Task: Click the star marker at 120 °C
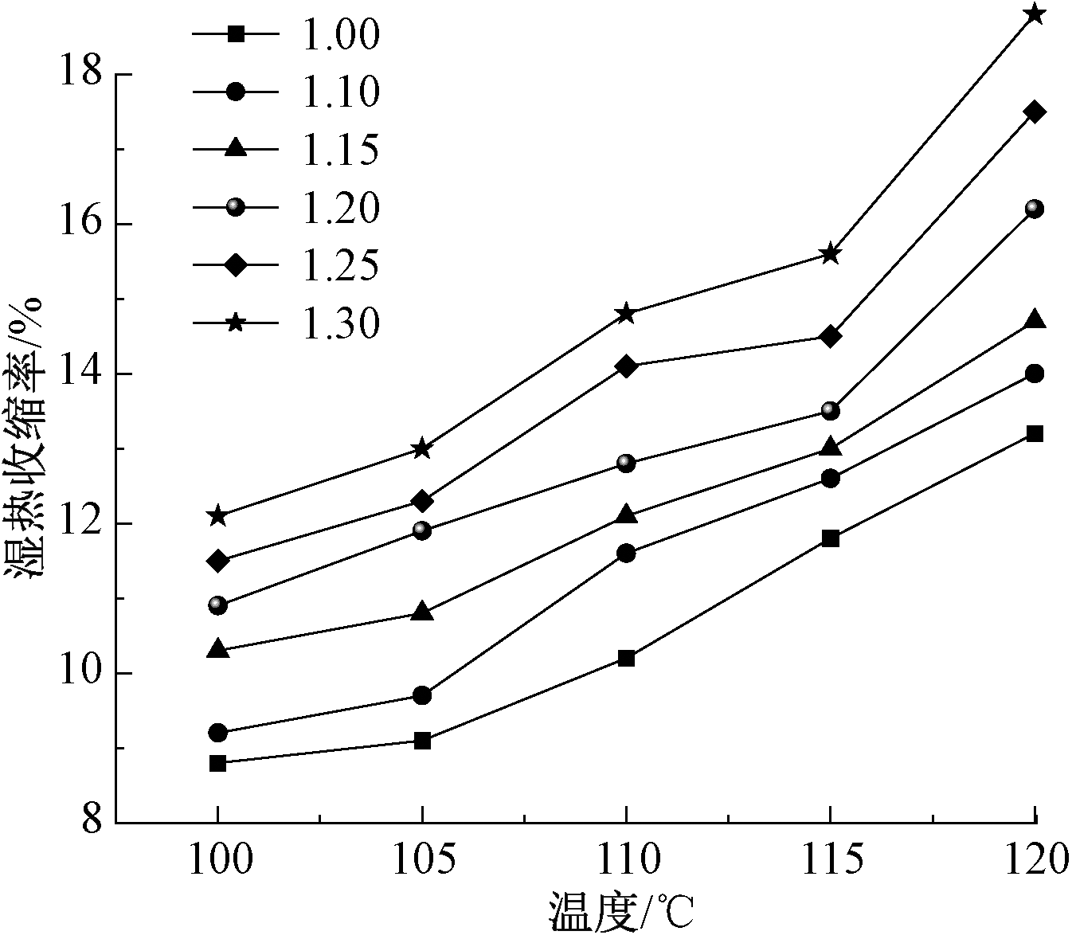(1035, 14)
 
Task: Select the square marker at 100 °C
(217, 763)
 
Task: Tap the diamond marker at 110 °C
(626, 366)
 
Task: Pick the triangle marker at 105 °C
(422, 612)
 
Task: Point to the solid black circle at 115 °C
(830, 479)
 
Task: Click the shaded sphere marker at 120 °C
(1035, 209)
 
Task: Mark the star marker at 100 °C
(217, 516)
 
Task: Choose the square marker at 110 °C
(626, 658)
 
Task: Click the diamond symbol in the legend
(236, 265)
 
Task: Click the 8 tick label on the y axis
(92, 820)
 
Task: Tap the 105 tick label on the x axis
(422, 862)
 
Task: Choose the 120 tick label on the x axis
(1034, 862)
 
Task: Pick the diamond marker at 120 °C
(1035, 112)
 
